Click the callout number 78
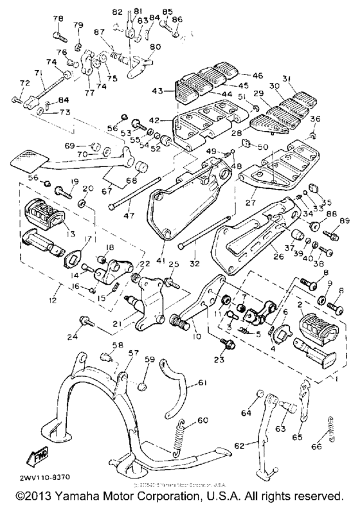pyautogui.click(x=58, y=18)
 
